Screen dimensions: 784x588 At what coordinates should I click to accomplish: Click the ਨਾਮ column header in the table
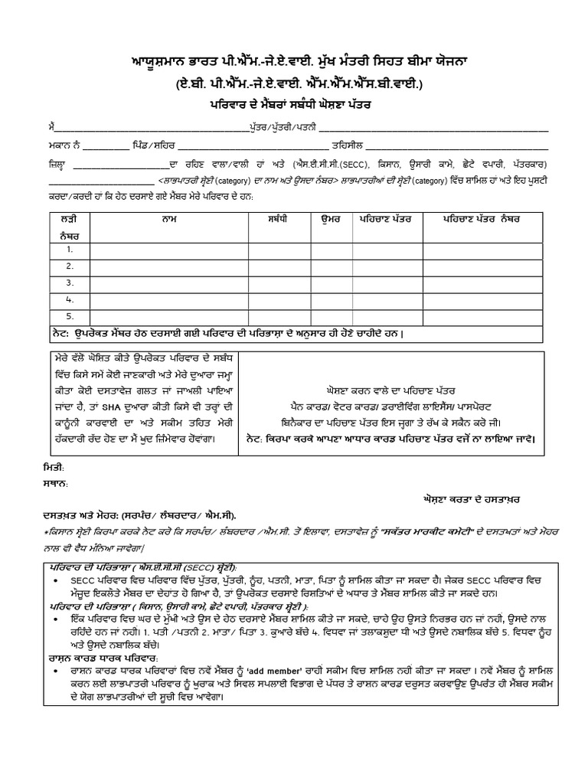click(164, 219)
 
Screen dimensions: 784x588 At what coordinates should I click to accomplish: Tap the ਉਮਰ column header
click(330, 219)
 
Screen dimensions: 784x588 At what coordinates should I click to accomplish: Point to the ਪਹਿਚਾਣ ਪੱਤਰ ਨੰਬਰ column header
click(482, 219)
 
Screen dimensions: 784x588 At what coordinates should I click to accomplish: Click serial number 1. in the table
click(70, 250)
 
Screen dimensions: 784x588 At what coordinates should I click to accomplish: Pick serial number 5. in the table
click(70, 315)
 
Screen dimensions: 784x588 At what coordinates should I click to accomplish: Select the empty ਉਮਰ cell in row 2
click(330, 266)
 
